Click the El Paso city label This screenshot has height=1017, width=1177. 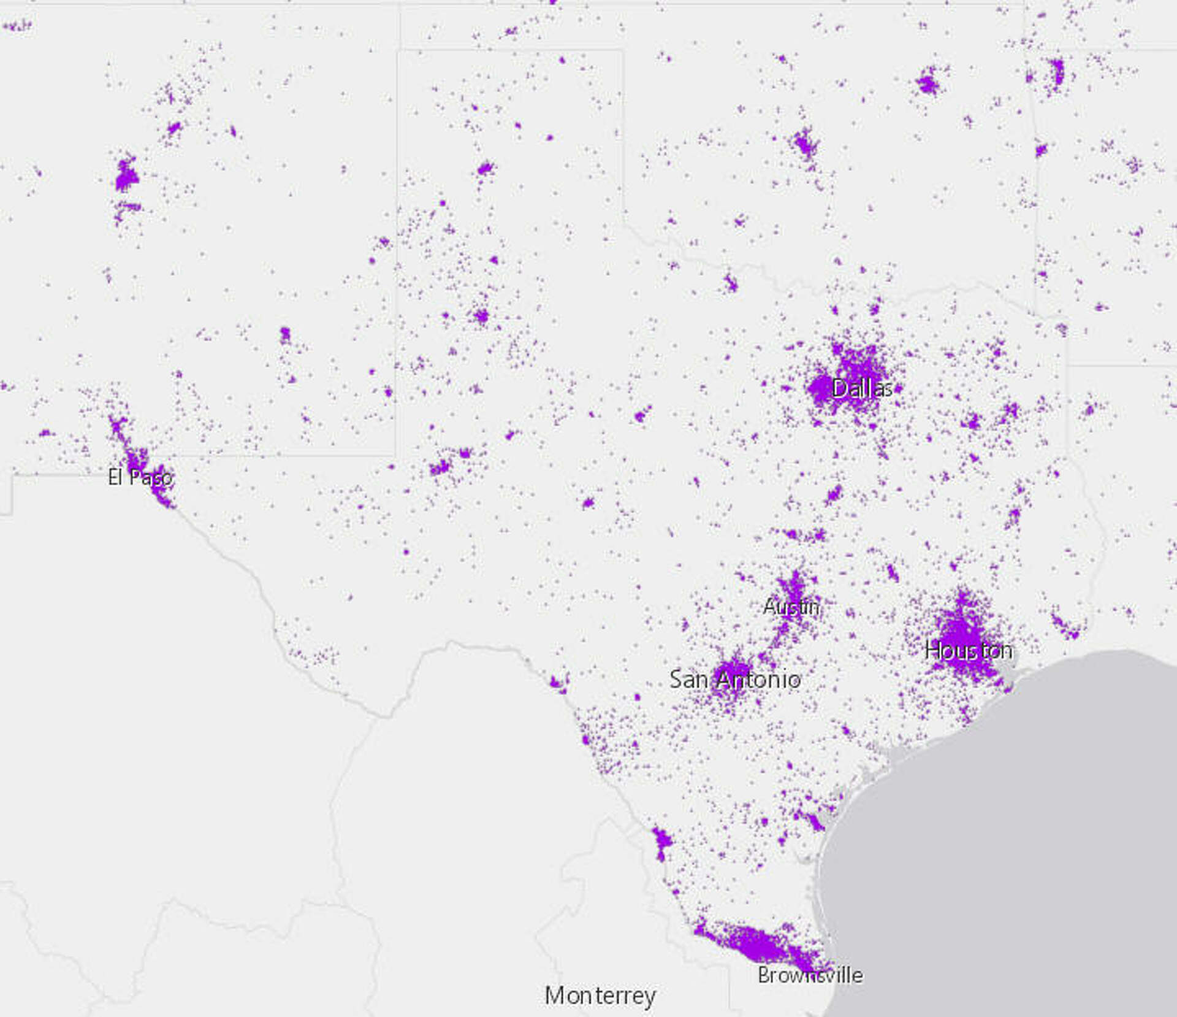coord(140,477)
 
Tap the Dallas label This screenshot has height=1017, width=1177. coord(861,388)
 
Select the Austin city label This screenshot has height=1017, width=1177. coord(791,607)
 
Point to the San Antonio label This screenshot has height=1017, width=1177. coord(734,680)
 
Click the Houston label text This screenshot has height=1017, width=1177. coord(968,650)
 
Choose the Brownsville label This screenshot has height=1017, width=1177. coord(810,975)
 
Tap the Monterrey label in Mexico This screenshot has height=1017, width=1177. coord(600,996)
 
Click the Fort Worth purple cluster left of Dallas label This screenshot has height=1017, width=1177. coord(820,389)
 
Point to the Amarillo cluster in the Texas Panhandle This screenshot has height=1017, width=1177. coord(486,167)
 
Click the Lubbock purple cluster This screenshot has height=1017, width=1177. coord(481,317)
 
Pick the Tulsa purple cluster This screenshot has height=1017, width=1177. coord(928,82)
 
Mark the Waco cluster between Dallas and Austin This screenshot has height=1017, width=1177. coord(834,494)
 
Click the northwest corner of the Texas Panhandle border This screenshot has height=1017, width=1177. coord(398,51)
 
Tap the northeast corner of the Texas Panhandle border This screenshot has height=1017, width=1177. coord(623,51)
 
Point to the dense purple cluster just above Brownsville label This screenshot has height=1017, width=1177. coord(760,945)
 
